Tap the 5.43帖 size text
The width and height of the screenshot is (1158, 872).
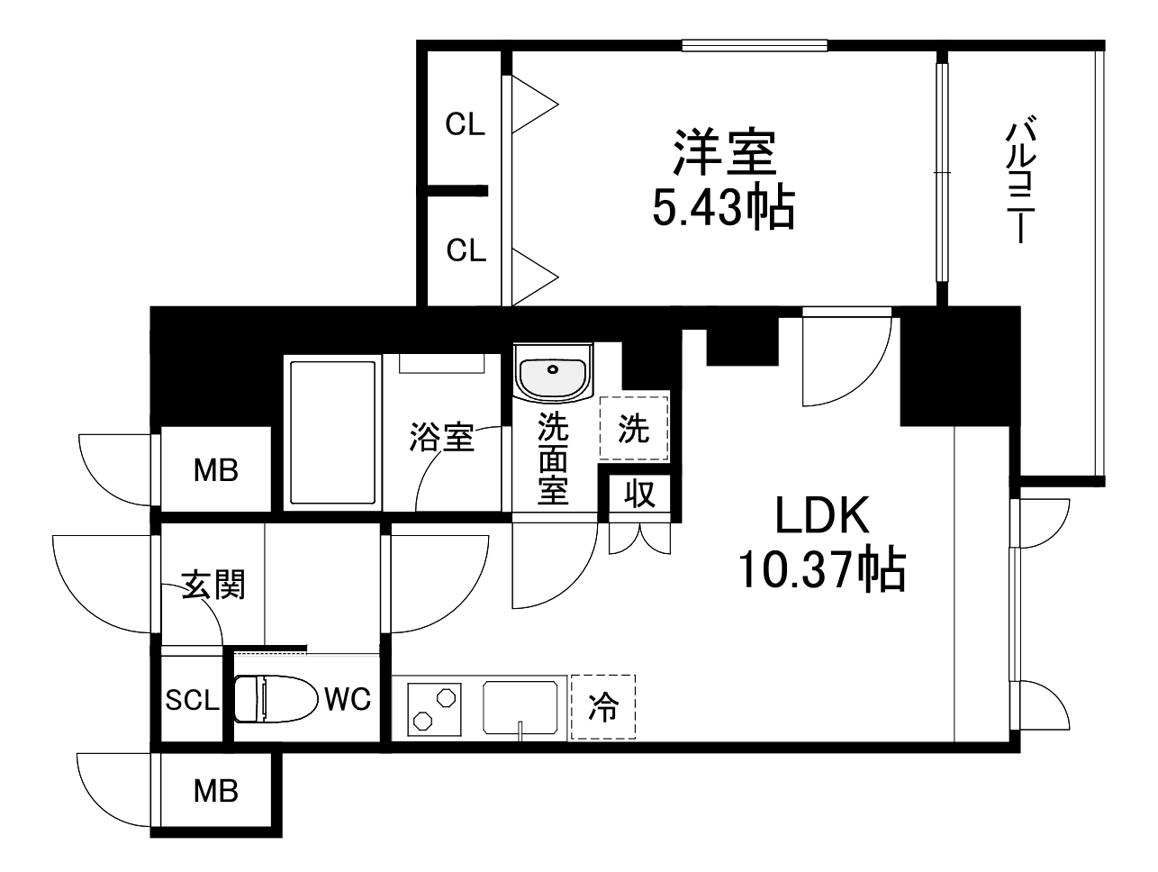[x=723, y=209]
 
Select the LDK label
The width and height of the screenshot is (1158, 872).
[x=822, y=518]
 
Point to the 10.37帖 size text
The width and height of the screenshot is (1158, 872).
[x=821, y=568]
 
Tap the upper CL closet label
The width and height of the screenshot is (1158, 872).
[x=466, y=125]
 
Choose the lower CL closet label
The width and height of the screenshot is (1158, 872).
[x=466, y=250]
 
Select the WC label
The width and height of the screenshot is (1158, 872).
[x=347, y=699]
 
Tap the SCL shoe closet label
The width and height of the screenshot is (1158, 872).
[x=192, y=700]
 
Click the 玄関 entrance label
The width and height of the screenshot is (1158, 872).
[x=213, y=585]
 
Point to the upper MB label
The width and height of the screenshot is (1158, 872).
[x=216, y=469]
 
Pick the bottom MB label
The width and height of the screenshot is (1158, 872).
[x=216, y=791]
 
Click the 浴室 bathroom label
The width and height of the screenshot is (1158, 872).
[x=441, y=438]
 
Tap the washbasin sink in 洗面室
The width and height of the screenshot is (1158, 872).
[x=552, y=372]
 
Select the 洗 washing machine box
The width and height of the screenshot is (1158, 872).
[x=634, y=430]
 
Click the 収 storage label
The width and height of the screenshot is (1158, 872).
[x=639, y=494]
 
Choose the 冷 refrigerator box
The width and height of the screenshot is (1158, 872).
[x=602, y=708]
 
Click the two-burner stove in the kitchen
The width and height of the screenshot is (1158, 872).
[x=434, y=708]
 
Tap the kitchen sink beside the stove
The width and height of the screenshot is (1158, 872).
[x=520, y=708]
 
